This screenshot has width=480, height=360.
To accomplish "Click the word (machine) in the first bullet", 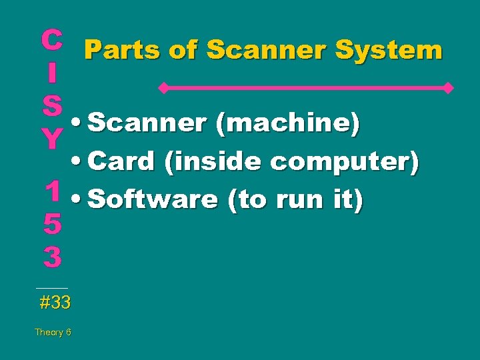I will click(x=289, y=123).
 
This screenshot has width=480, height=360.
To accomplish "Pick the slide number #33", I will click(x=55, y=303).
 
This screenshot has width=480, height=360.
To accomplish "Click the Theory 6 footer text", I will click(x=53, y=332).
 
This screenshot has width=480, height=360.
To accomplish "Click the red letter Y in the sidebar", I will click(x=52, y=139).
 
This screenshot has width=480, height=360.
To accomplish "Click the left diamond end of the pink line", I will click(x=161, y=87).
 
